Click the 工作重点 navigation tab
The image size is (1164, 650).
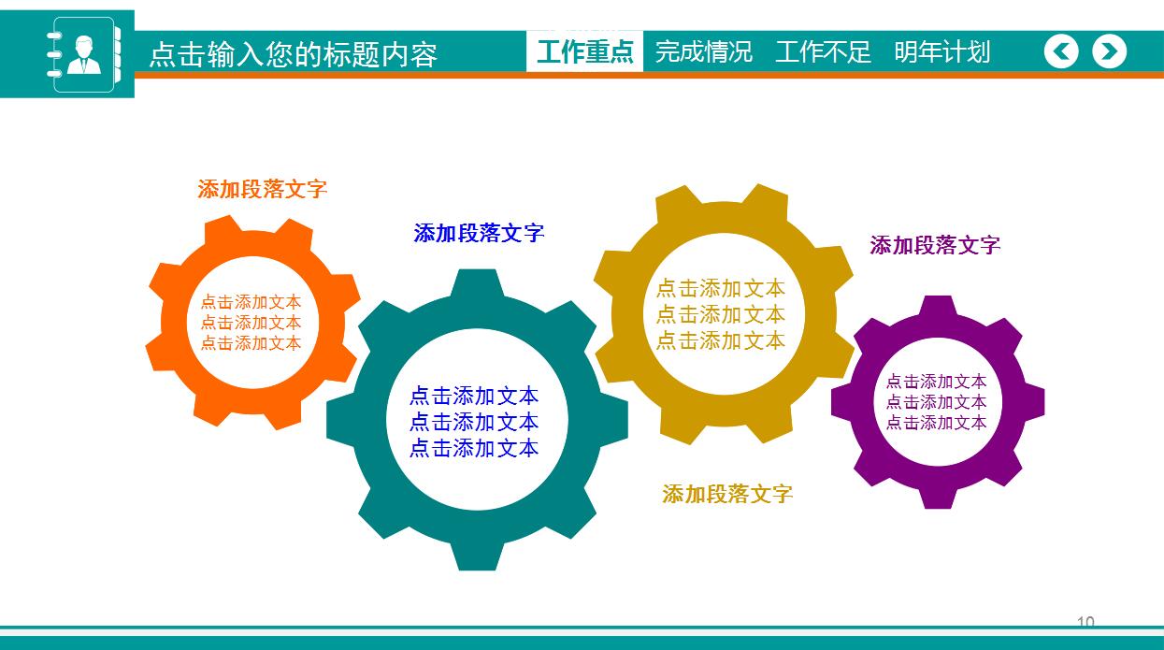point(585,51)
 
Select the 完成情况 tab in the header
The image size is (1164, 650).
point(703,51)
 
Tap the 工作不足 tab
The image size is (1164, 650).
point(823,51)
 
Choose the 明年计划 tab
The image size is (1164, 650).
point(941,51)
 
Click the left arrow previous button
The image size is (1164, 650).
point(1061,51)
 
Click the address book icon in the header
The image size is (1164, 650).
point(83,54)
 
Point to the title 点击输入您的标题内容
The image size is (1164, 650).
point(294,55)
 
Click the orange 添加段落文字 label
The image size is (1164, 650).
point(263,189)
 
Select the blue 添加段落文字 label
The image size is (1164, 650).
point(479,233)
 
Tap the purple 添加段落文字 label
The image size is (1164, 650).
point(935,245)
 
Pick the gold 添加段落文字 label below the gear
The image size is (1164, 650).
point(727,494)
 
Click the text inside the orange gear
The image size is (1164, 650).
point(251,323)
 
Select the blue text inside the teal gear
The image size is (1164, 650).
point(474,422)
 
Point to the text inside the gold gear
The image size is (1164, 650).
point(720,314)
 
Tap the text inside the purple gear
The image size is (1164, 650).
point(936,402)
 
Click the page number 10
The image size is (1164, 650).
point(1085,622)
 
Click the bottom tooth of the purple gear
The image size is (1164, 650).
point(937,497)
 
